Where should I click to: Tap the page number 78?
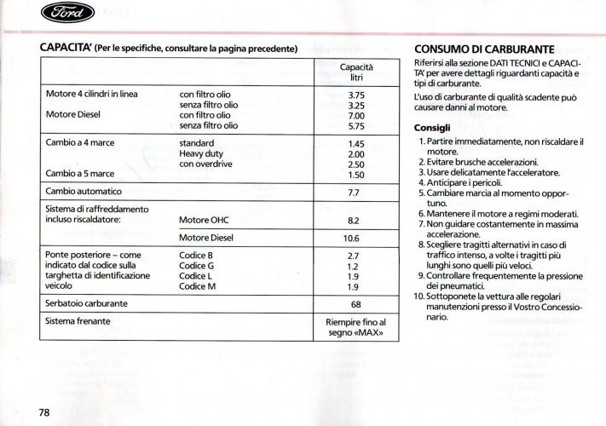tap(44, 412)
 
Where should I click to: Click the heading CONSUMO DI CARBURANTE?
tap(484, 49)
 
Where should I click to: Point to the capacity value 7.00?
tap(356, 115)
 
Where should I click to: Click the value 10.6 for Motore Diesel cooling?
tap(356, 238)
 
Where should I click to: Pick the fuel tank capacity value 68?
tap(356, 303)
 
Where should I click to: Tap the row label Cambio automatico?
tap(84, 192)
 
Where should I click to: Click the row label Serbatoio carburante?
tap(87, 303)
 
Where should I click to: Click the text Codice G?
tap(197, 266)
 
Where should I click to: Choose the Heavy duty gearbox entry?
tap(202, 154)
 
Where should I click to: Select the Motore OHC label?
tap(206, 220)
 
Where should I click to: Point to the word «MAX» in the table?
tap(372, 333)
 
